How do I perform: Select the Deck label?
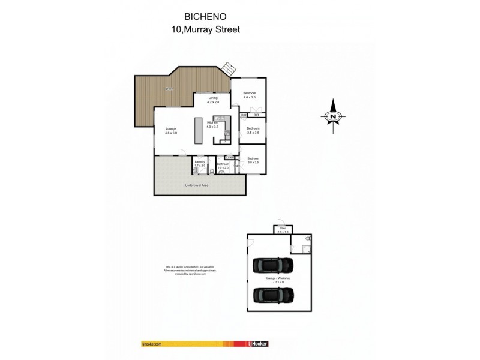170,88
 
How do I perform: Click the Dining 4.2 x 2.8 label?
212,100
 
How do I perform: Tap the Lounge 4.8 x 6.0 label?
171,131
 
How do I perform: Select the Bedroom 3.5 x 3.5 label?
253,130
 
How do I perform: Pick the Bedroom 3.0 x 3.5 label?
253,161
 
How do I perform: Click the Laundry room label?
200,163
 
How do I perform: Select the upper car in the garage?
274,265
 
